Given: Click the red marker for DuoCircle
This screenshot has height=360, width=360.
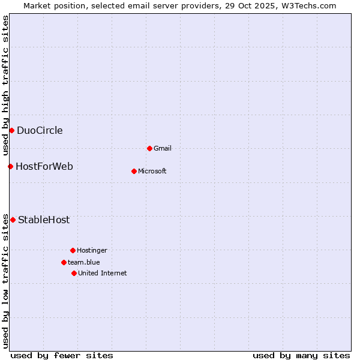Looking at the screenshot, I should coord(11,131).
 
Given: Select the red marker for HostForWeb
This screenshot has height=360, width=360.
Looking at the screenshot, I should coord(10,166).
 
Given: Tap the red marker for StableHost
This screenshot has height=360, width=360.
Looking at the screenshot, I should coord(13,220).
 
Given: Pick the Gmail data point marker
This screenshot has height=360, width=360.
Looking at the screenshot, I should coord(149,148).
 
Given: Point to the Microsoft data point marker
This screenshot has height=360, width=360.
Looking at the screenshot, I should coord(134,171).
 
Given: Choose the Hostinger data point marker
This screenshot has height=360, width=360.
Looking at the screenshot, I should coord(73,250).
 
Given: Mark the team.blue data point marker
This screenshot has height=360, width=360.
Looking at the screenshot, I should coord(64,262).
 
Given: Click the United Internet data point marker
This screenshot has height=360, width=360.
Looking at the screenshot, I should coord(74,273).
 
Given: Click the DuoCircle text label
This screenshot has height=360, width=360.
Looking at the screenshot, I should coord(40,131).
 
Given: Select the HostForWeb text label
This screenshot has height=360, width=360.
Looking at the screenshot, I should coord(44,166).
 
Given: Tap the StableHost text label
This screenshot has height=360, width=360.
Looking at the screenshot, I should coord(44,220).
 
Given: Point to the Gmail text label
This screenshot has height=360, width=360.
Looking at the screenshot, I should coord(163,148).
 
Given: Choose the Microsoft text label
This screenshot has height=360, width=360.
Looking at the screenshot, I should coord(152,171).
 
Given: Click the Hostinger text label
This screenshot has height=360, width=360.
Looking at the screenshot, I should coord(92,250).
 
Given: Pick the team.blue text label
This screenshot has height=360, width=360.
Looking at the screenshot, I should coord(84,262).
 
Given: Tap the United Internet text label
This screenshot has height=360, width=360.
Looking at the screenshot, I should coord(103,273).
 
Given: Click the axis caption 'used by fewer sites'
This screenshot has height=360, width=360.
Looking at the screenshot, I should coord(62,355).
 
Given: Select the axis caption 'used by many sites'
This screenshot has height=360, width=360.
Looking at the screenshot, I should coord(301,355).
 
